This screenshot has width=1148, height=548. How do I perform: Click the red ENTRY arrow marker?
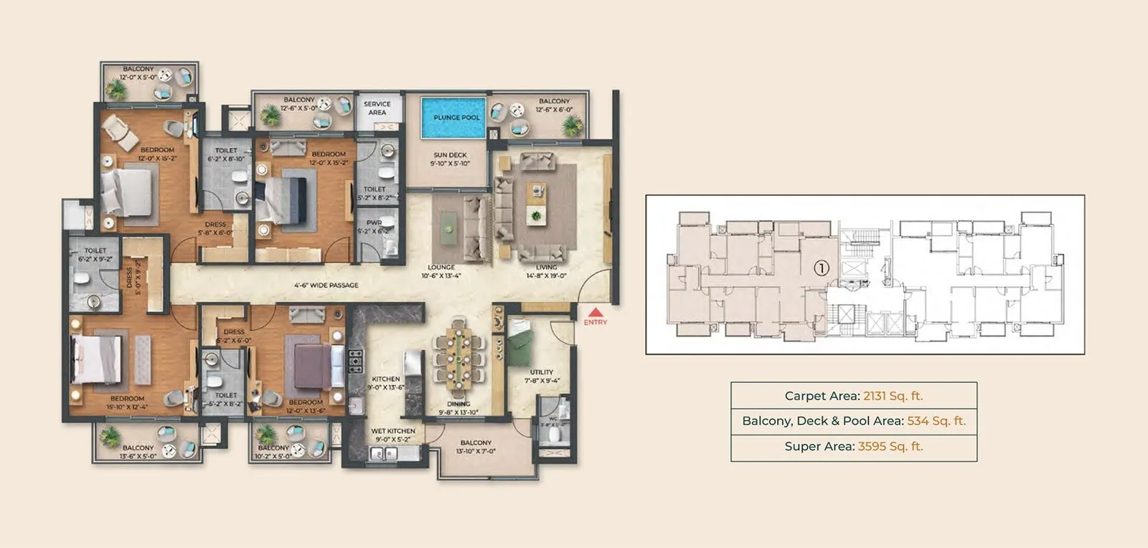click(595, 312)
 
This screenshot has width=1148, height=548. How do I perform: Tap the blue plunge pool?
click(456, 118)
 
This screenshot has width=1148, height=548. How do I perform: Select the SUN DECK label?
click(450, 155)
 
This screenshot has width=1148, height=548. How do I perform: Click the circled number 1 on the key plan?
click(822, 268)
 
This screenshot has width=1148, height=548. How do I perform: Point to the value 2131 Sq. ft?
click(893, 396)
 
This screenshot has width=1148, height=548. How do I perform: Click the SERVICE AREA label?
click(377, 108)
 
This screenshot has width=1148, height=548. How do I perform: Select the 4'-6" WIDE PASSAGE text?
click(326, 285)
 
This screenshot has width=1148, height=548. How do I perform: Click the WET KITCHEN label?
click(392, 431)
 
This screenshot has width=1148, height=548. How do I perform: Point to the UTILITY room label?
click(541, 372)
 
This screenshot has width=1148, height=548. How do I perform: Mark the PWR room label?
click(374, 223)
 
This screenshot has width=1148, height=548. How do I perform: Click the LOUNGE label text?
click(441, 268)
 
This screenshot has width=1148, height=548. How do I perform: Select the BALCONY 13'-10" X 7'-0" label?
click(476, 447)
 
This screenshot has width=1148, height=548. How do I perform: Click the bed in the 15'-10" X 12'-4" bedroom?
click(97, 360)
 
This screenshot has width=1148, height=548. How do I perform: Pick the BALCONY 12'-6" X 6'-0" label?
click(554, 105)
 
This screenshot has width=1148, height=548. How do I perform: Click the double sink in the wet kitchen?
click(383, 453)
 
